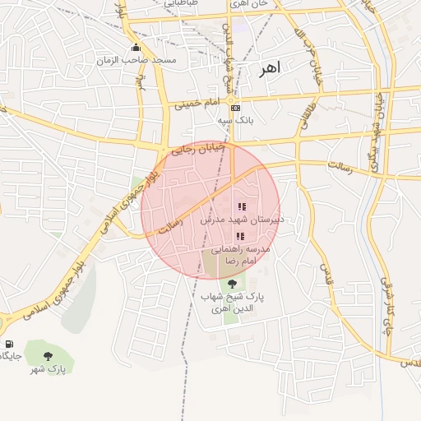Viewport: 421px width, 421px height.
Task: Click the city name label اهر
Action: click(269, 68)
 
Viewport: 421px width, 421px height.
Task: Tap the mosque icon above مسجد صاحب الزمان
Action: click(136, 47)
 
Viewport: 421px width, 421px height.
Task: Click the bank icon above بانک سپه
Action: click(236, 108)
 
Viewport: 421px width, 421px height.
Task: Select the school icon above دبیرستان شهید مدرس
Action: click(241, 206)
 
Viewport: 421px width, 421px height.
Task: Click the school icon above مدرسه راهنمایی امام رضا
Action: click(239, 236)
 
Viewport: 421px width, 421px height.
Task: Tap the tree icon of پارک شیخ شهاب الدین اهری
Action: click(231, 285)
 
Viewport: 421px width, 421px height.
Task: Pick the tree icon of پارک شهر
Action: click(49, 356)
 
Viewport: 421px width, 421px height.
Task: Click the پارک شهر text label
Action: click(49, 369)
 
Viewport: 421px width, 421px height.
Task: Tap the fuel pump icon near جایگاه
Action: click(9, 344)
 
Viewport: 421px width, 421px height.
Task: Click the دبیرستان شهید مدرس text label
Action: click(243, 220)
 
